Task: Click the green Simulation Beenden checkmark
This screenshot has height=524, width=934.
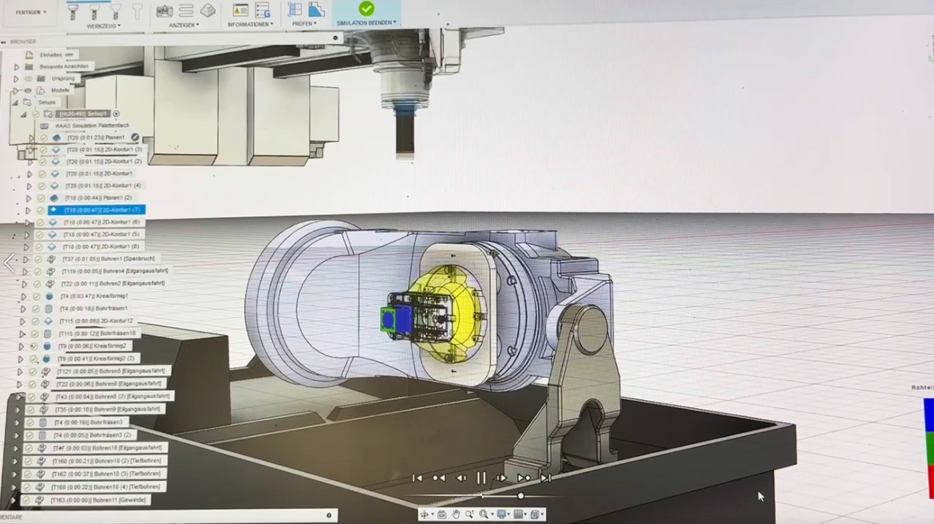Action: [x=366, y=9]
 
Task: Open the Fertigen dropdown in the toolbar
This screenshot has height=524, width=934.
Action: [x=32, y=12]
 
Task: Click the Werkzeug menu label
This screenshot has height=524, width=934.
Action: [x=103, y=26]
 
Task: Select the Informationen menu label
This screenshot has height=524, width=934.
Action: [x=250, y=24]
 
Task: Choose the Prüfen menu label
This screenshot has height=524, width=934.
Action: [x=304, y=23]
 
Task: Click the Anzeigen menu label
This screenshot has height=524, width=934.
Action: [x=185, y=25]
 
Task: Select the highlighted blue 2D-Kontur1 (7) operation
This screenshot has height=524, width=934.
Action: [x=101, y=209]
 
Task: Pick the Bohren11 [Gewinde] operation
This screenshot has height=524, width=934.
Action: [x=98, y=500]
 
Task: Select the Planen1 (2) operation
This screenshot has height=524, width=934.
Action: [x=97, y=197]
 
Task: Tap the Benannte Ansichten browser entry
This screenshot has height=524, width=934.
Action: [x=65, y=66]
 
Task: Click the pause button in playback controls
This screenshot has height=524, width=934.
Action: [x=481, y=478]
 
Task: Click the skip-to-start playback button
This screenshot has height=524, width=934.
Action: [x=417, y=478]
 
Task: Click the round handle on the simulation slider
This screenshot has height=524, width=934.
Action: [x=520, y=496]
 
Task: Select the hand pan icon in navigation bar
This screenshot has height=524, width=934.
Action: [x=456, y=514]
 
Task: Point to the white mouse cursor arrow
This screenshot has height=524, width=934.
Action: [x=760, y=496]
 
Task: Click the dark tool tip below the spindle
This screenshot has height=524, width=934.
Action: [x=405, y=137]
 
